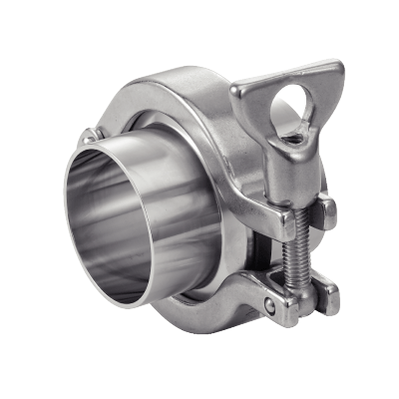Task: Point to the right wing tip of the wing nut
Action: [x=335, y=72]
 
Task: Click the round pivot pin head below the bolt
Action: [x=269, y=302]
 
